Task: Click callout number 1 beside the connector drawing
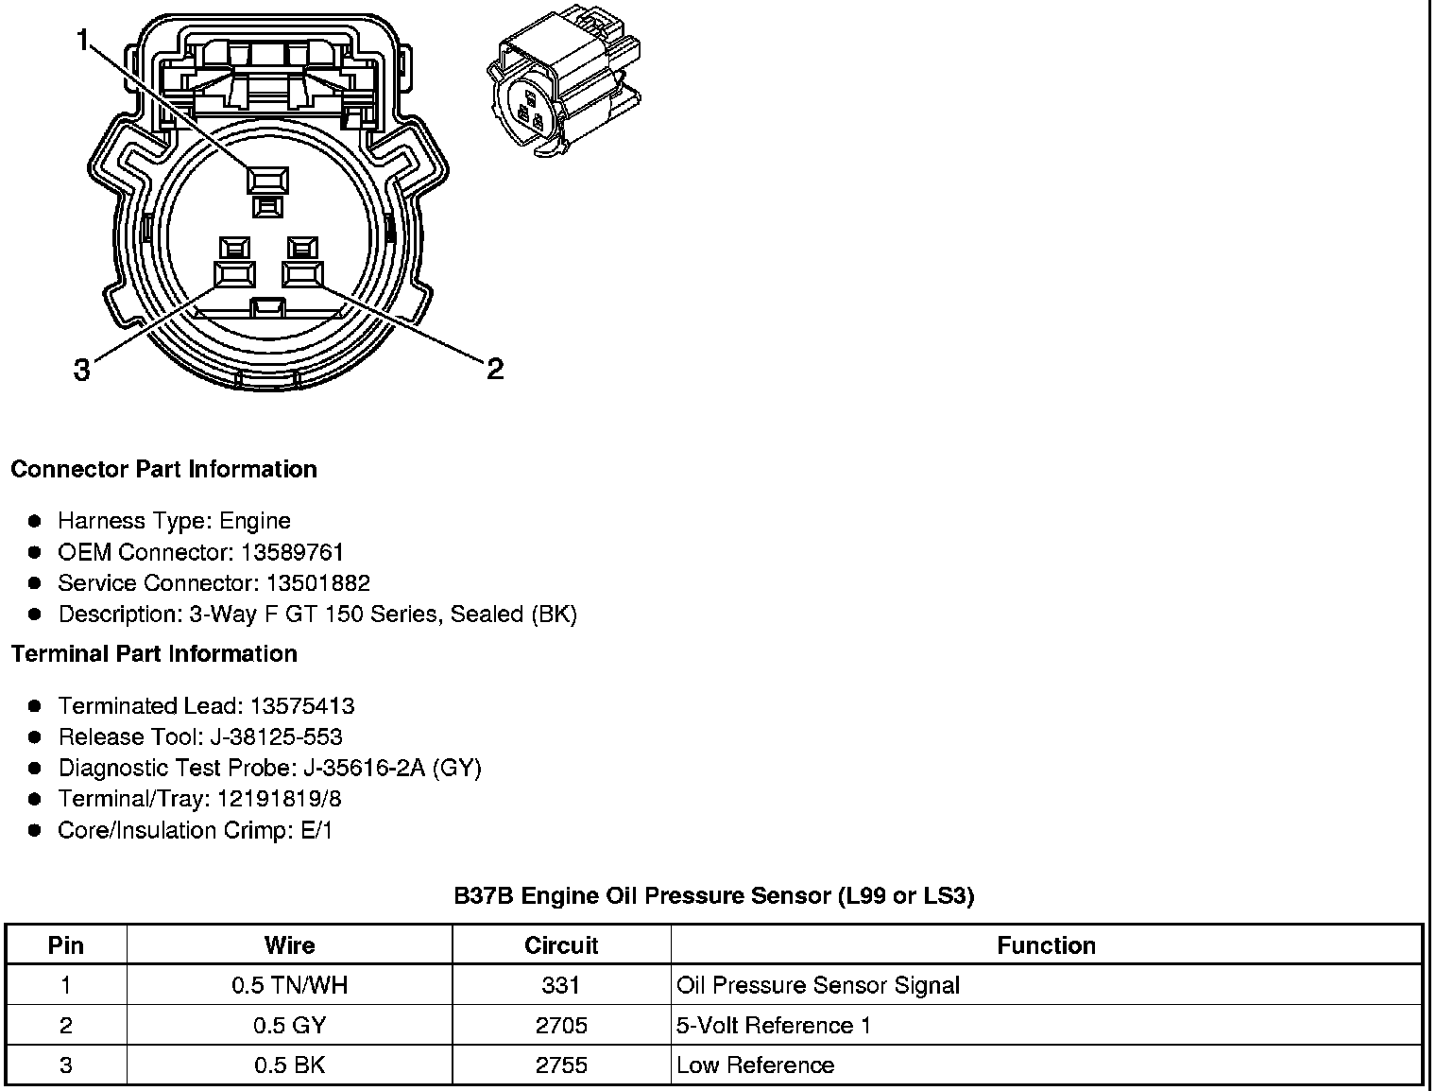coord(84,40)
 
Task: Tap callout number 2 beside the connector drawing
coord(495,369)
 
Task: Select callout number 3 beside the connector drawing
coord(82,370)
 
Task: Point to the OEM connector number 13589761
coord(288,552)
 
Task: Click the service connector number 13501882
coord(314,583)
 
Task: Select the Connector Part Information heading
coord(163,470)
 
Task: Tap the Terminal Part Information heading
coord(154,654)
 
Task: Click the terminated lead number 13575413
coord(302,706)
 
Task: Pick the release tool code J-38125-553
coord(281,737)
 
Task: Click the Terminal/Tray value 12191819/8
coord(280,800)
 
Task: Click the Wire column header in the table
coord(289,945)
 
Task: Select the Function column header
coord(1046,945)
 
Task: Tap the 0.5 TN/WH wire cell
coord(289,986)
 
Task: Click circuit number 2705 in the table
coord(561,1026)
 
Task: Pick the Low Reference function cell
coord(756,1065)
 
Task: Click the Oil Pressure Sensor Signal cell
coord(818,986)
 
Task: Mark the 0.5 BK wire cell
coord(289,1065)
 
